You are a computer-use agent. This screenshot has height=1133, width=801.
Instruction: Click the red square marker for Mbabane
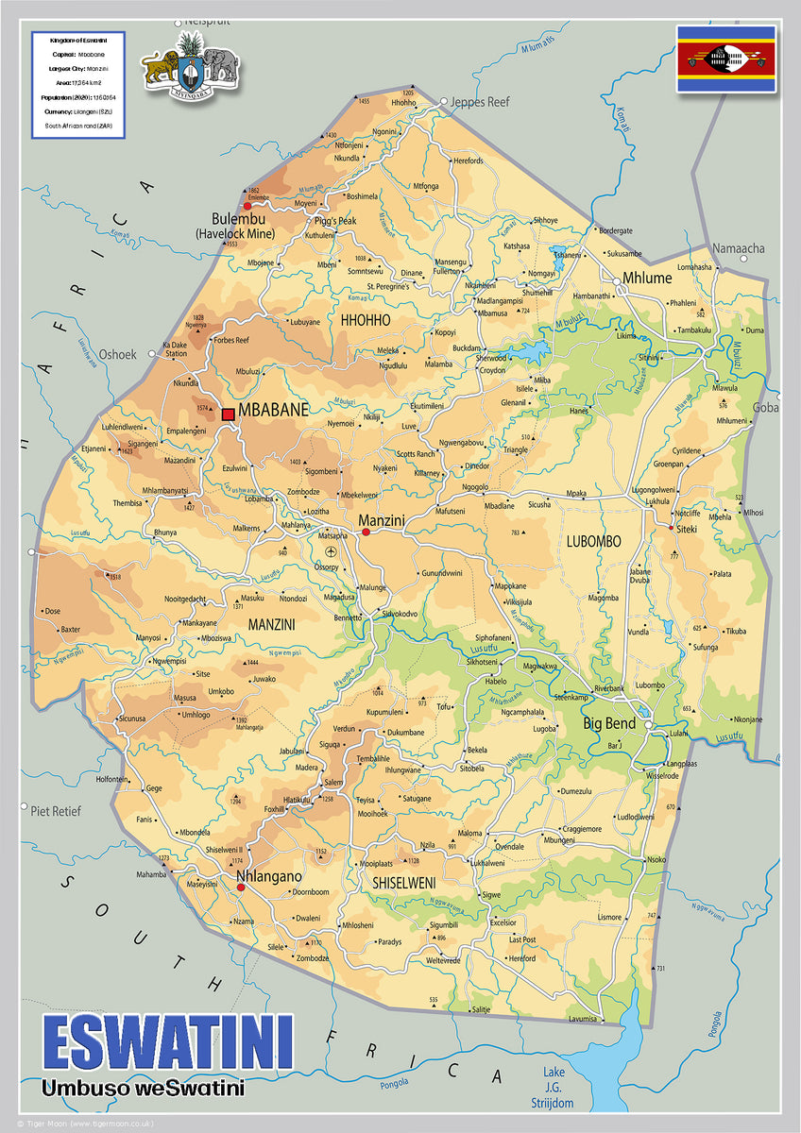tap(228, 414)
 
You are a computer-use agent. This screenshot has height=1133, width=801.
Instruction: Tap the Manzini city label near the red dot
tap(382, 520)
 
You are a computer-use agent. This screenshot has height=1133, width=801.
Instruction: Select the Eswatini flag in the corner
tap(725, 59)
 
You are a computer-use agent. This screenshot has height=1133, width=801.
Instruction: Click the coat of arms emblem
tap(190, 64)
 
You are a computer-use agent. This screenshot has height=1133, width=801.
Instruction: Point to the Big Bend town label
tap(608, 724)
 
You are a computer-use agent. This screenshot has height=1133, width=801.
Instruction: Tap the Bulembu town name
tap(237, 219)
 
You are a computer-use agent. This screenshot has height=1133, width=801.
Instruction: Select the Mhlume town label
tap(647, 279)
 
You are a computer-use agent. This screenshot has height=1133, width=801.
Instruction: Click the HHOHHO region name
tap(366, 321)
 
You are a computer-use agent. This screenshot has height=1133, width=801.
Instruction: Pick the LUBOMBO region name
tap(593, 541)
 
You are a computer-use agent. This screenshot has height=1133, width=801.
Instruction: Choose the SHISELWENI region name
tap(403, 882)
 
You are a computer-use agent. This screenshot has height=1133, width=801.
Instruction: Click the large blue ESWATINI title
tap(168, 1043)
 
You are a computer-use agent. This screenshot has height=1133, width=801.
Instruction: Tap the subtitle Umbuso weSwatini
tap(143, 1089)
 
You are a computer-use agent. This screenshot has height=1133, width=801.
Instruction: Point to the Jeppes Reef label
tap(480, 102)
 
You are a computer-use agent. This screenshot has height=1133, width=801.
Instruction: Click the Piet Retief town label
tap(56, 810)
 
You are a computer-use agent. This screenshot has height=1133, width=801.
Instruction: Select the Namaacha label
tap(739, 248)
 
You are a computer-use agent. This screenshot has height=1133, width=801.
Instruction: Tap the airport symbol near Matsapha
tap(331, 551)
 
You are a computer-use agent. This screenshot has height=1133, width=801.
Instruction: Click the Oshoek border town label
tap(117, 355)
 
